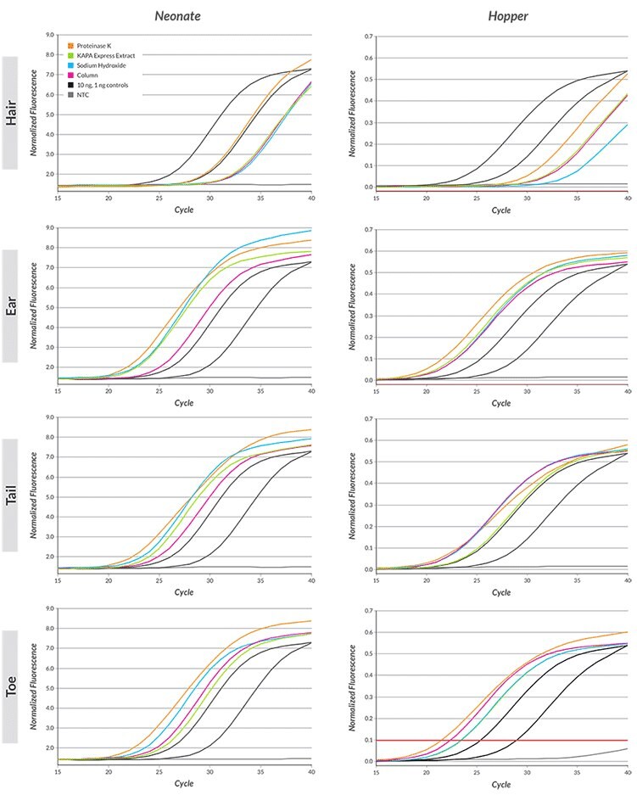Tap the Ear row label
click(11, 304)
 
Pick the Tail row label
click(11, 495)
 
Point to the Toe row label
click(11, 686)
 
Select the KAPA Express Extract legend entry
click(100, 56)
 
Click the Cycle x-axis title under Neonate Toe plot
click(184, 785)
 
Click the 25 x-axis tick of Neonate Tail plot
click(159, 580)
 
